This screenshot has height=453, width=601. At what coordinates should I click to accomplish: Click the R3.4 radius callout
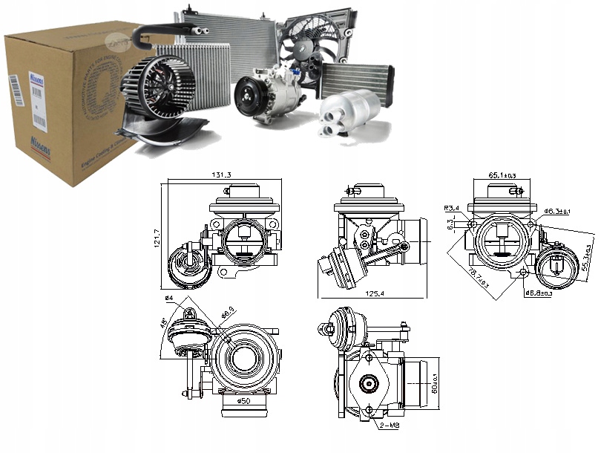coord(453,208)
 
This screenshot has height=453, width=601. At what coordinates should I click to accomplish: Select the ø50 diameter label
coord(244,402)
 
